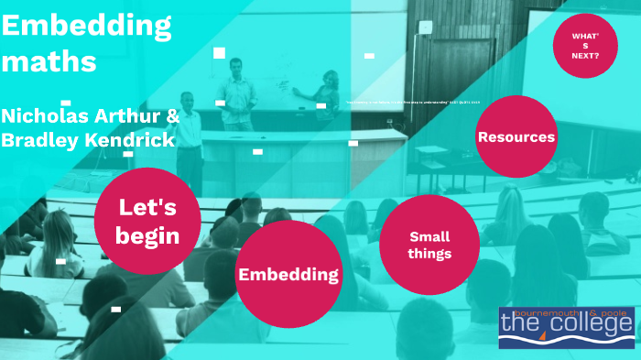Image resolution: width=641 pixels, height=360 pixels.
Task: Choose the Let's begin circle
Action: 147,221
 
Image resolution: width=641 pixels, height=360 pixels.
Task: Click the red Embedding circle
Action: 288,274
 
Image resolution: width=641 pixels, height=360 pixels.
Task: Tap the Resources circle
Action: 516,136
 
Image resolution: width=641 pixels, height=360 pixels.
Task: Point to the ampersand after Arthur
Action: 173,116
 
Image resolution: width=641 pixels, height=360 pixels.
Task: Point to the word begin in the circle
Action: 147,235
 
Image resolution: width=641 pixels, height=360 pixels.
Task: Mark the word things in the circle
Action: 429,254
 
